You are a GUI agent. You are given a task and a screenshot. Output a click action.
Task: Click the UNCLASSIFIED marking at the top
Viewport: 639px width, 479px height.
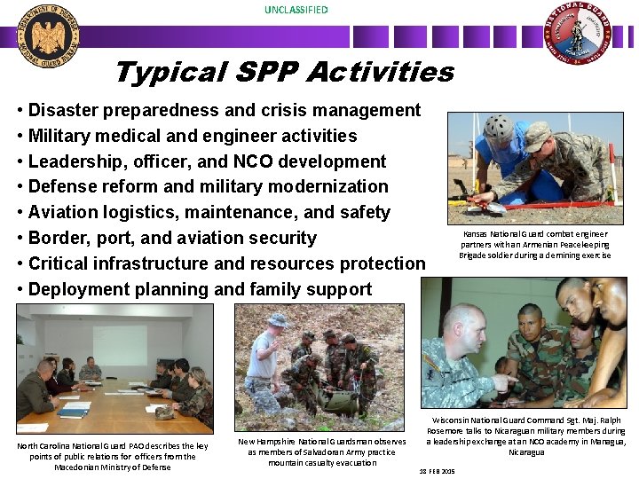[x=296, y=10]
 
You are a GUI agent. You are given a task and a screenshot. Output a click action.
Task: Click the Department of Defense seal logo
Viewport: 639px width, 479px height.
[x=51, y=35]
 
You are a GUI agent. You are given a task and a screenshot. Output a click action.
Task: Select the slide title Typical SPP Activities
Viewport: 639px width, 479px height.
[x=284, y=72]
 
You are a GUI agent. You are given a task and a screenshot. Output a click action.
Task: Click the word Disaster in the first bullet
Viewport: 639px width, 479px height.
[x=63, y=110]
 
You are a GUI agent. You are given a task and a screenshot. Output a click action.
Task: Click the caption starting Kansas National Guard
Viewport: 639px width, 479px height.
[x=534, y=245]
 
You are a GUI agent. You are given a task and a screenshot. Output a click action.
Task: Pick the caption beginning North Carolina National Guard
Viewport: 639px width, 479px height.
[x=112, y=456]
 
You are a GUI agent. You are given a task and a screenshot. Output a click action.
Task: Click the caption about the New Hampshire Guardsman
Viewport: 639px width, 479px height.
[x=321, y=452]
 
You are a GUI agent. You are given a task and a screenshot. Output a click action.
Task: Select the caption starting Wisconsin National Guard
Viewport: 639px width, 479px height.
[x=525, y=436]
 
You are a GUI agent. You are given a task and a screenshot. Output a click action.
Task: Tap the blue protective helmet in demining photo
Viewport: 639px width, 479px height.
[x=501, y=126]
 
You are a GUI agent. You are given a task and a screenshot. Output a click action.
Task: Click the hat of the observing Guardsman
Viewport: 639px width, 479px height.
[x=277, y=319]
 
